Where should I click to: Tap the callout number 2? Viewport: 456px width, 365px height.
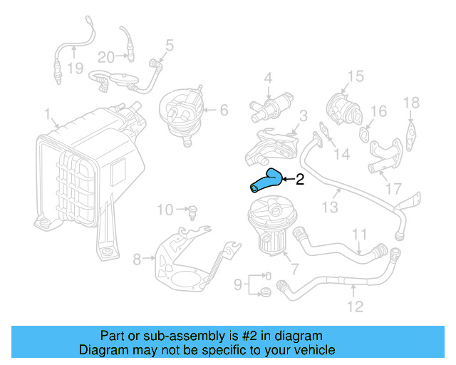300,180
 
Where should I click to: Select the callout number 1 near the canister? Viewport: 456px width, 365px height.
47,114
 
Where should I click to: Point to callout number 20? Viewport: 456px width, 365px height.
106,56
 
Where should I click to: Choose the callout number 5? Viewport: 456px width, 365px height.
170,46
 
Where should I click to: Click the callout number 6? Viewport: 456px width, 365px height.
223,110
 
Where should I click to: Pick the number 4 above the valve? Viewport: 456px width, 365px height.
269,77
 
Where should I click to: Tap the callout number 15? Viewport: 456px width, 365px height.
355,76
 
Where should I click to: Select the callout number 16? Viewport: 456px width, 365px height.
378,111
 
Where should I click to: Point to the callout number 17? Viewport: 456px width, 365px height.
393,190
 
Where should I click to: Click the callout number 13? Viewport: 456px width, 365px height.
329,207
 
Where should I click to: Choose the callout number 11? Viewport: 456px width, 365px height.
360,233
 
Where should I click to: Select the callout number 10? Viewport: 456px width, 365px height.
165,210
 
